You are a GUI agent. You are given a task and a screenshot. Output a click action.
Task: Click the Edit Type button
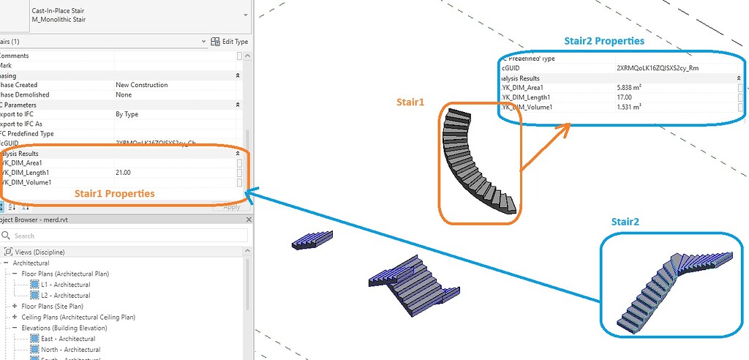click(x=230, y=42)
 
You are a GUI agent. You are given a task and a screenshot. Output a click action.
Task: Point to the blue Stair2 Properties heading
click(x=604, y=41)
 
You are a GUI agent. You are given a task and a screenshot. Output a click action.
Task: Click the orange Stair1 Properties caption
click(x=114, y=194)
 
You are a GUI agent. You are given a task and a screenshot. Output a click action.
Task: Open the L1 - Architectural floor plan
click(x=65, y=285)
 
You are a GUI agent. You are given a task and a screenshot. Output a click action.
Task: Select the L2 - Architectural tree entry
click(x=65, y=296)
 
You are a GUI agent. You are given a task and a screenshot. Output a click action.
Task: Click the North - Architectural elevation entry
click(x=70, y=350)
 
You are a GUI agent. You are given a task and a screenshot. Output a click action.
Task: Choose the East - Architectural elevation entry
click(x=68, y=339)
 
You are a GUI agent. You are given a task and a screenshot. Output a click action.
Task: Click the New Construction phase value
click(x=142, y=85)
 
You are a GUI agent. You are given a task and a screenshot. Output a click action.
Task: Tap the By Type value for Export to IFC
click(x=127, y=114)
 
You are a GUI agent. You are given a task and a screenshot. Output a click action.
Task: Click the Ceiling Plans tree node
click(x=78, y=317)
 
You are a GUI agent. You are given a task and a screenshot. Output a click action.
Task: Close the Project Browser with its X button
click(x=248, y=220)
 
